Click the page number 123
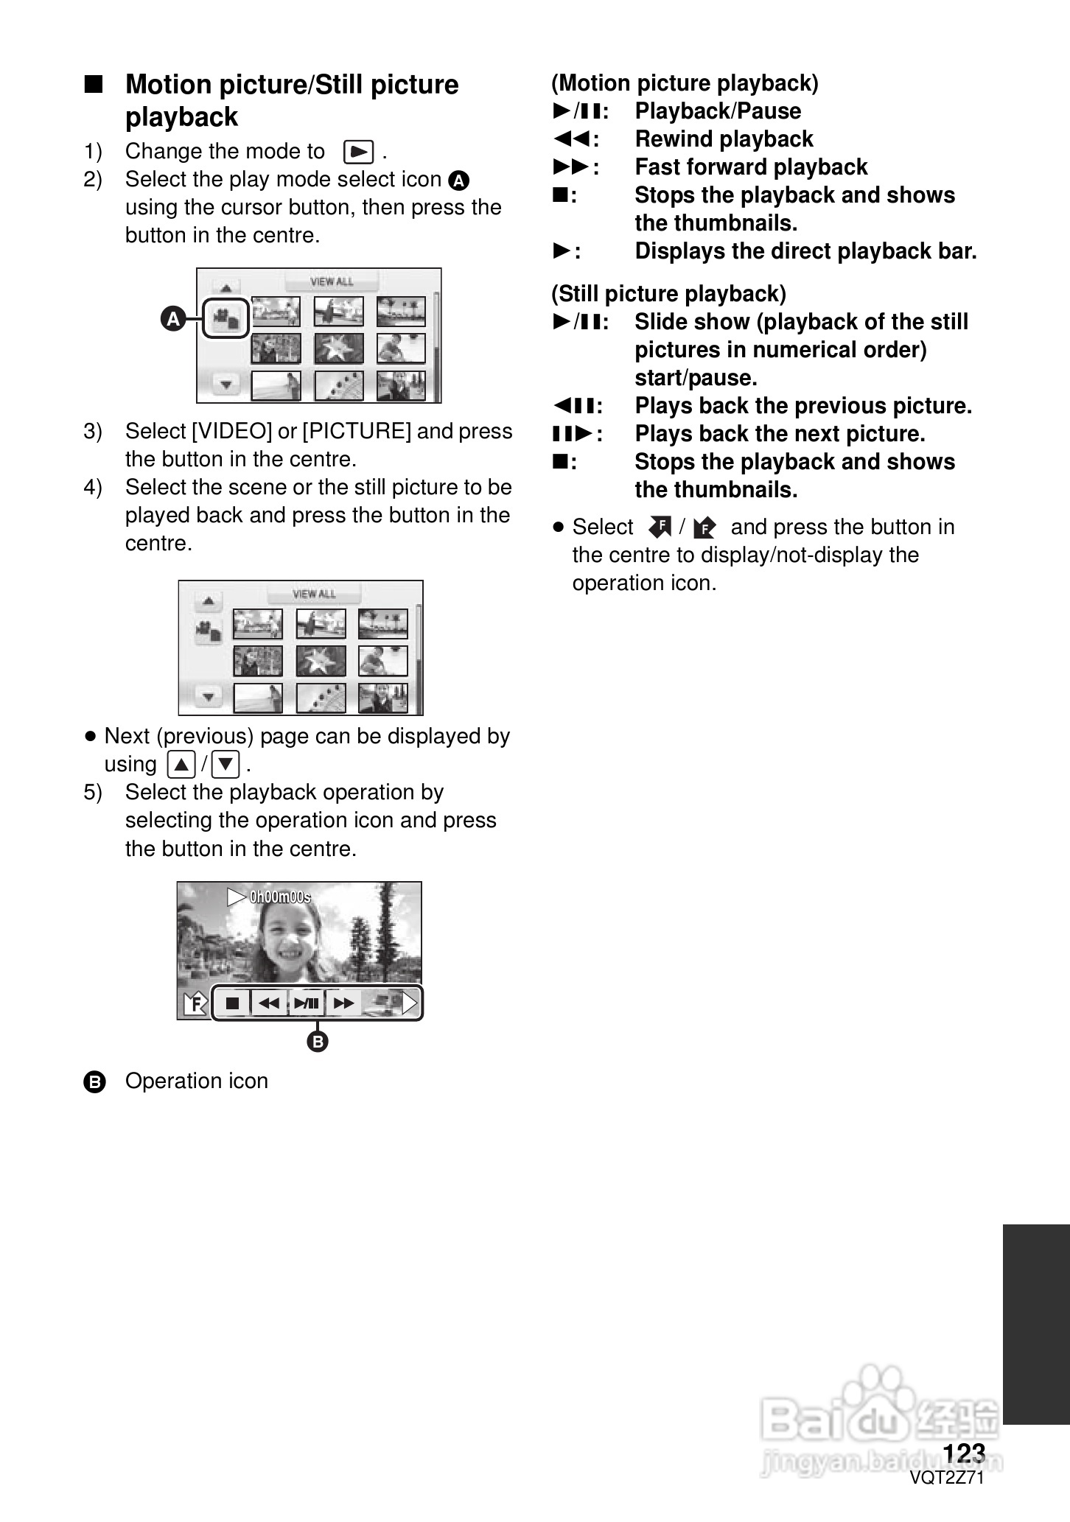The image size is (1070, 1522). (964, 1453)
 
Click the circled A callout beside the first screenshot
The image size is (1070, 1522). (173, 319)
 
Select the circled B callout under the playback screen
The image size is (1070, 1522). (317, 1042)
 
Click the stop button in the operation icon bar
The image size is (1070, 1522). (233, 1003)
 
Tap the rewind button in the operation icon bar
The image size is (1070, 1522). (270, 1003)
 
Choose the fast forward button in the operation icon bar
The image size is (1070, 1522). (343, 1003)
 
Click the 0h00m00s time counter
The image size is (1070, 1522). (280, 897)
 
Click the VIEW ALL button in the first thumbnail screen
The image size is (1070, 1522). (332, 281)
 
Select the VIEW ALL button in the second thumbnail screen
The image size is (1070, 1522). (314, 594)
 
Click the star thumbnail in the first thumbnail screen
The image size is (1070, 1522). (339, 348)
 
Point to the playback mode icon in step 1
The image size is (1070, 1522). (359, 152)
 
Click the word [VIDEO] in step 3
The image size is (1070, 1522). (231, 431)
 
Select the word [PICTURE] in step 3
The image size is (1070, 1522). (357, 431)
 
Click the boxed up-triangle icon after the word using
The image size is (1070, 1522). (181, 764)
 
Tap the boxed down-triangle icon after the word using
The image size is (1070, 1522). (225, 764)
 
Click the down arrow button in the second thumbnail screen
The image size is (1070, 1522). (209, 696)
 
